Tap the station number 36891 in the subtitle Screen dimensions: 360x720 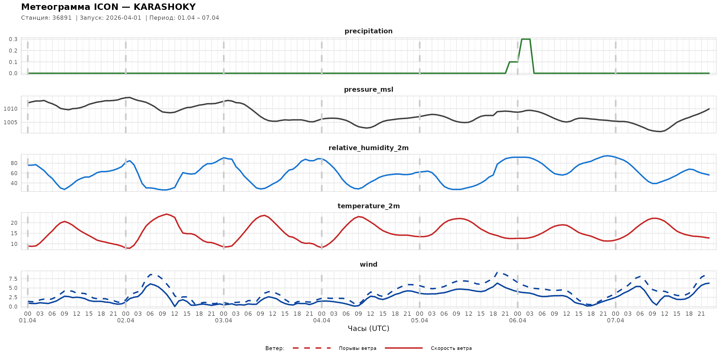[62, 18]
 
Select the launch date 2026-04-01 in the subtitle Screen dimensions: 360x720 [123, 18]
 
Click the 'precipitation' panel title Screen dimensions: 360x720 [368, 31]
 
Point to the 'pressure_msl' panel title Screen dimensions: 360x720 [368, 89]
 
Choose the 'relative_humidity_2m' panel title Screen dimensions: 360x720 [368, 148]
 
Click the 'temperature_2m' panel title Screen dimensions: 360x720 [368, 206]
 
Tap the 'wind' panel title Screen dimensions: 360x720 [368, 265]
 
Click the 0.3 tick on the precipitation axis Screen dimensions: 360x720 [13, 39]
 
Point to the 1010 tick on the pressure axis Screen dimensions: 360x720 [10, 109]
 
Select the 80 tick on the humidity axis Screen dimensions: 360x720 [14, 163]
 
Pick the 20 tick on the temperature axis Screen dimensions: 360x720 [14, 223]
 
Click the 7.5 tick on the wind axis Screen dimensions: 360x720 [13, 279]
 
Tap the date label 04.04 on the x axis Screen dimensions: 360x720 [321, 321]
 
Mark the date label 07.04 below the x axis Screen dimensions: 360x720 [615, 321]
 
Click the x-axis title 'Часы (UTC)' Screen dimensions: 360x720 [368, 329]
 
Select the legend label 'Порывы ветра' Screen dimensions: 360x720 [358, 348]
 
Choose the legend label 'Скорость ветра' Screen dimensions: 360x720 [451, 348]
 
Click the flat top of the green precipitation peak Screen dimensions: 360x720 [526, 39]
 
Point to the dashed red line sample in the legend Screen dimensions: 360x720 [312, 348]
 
